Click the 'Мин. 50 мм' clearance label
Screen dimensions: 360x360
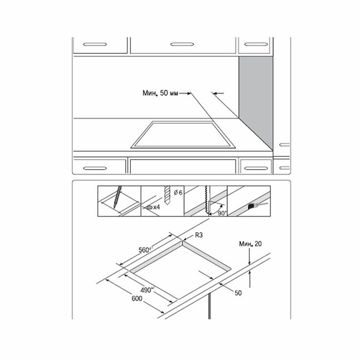point(160,93)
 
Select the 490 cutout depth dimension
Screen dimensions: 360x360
point(147,290)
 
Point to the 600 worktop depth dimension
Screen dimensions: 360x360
point(137,298)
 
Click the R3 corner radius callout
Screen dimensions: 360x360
point(199,235)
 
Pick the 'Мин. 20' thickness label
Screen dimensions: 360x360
point(250,244)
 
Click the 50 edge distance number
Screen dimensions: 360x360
point(238,293)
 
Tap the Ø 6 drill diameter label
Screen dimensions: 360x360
point(178,193)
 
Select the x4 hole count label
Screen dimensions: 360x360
point(156,208)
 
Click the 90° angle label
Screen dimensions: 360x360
point(222,213)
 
